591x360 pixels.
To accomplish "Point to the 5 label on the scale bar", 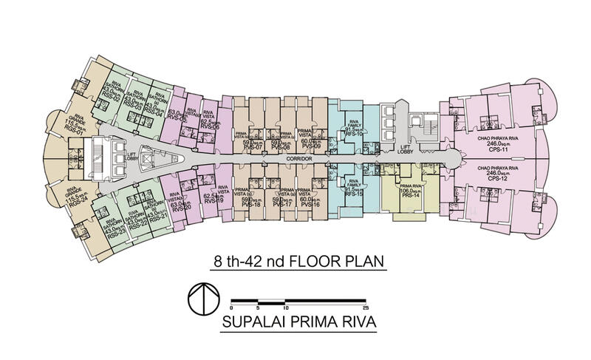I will (x=258, y=306).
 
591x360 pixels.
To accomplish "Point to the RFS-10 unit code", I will (x=352, y=134).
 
